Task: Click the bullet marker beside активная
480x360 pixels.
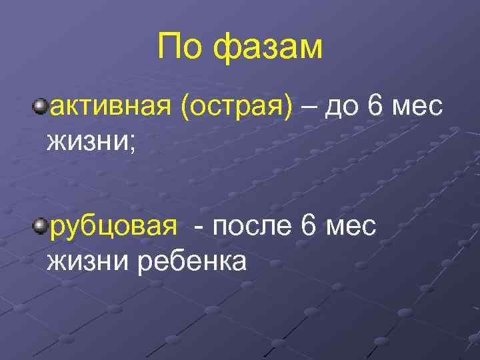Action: [x=40, y=106]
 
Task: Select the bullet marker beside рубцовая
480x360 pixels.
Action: [x=40, y=226]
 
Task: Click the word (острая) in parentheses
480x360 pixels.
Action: [x=235, y=107]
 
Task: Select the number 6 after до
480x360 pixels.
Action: [x=375, y=107]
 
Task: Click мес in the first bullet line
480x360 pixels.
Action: [x=416, y=107]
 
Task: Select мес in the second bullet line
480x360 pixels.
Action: [x=350, y=227]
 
